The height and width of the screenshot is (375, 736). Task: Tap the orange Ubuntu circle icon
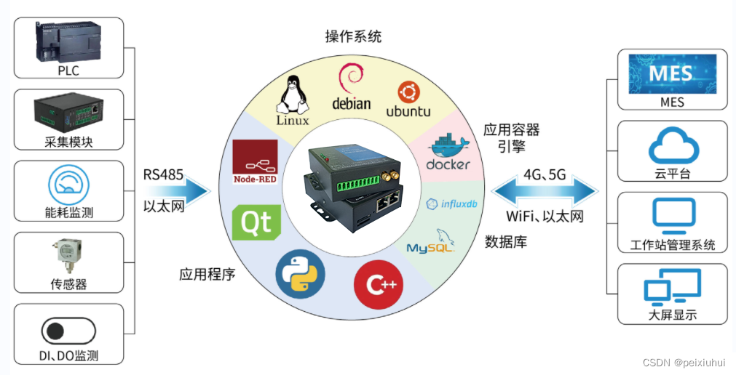tap(408, 92)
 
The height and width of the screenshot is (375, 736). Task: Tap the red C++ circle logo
tap(379, 284)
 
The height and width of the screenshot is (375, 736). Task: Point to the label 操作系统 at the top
tap(352, 36)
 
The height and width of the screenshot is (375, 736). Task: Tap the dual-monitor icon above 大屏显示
tap(672, 288)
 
